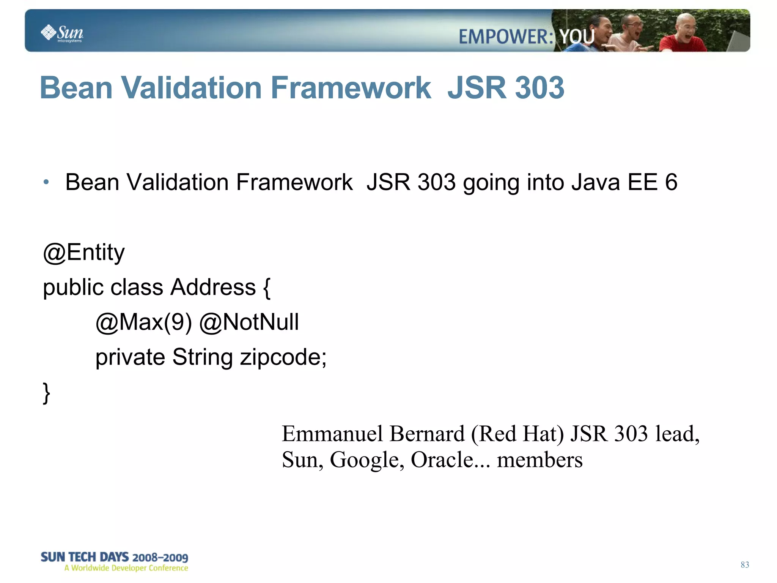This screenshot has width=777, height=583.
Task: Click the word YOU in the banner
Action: [x=577, y=37]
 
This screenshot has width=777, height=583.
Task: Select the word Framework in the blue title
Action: [x=351, y=88]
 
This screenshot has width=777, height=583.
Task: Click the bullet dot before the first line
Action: [x=46, y=182]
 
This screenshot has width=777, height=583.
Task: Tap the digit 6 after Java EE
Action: [x=671, y=182]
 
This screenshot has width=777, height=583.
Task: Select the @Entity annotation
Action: [x=84, y=253]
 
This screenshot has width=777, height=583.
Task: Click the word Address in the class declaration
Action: [x=213, y=287]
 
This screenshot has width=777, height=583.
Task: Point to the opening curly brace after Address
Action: [x=267, y=288]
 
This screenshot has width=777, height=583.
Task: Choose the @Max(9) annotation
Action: [x=144, y=322]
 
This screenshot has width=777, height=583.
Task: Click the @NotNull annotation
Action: [x=249, y=322]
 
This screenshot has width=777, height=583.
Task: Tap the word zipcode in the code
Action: [x=283, y=358]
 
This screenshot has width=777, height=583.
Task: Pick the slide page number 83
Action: [x=745, y=565]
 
